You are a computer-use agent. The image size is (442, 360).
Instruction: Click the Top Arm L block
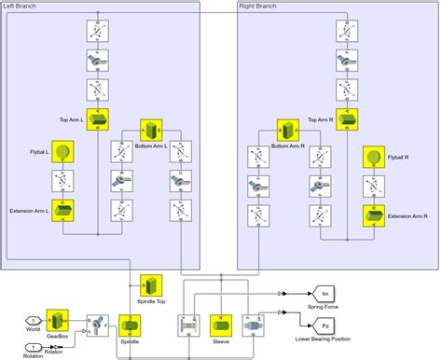(x=99, y=120)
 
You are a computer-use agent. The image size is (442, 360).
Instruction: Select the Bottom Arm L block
(x=151, y=129)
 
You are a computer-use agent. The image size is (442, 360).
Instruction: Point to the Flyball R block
(x=375, y=156)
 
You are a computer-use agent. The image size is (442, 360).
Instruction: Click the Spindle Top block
(x=152, y=284)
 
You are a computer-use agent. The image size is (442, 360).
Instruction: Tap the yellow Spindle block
(x=130, y=325)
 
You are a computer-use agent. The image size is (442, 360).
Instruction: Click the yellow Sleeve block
(x=221, y=325)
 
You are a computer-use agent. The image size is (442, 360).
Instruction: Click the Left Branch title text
(x=22, y=7)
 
